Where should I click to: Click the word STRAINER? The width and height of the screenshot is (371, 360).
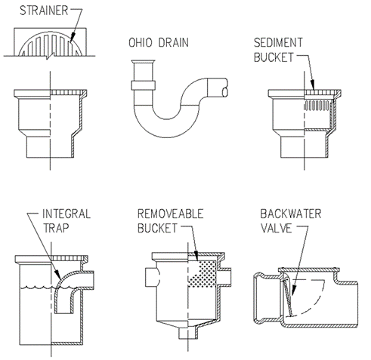tap(44, 11)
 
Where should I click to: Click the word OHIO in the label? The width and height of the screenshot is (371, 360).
tap(141, 42)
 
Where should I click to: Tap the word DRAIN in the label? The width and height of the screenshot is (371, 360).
tap(174, 42)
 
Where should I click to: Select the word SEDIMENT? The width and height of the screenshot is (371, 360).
tap(278, 42)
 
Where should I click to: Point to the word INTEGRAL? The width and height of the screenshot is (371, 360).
tap(66, 214)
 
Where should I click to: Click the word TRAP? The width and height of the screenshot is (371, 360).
tap(56, 228)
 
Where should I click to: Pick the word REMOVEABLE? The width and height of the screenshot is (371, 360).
tap(170, 214)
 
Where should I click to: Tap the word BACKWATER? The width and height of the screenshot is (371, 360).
tap(291, 214)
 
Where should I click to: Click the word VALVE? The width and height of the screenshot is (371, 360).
tap(276, 228)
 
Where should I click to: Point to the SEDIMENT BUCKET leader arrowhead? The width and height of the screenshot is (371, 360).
tap(313, 85)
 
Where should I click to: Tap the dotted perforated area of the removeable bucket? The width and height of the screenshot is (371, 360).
tap(203, 273)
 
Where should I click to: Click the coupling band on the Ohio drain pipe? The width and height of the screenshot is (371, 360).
tap(143, 85)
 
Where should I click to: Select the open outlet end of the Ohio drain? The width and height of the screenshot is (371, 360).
tap(225, 92)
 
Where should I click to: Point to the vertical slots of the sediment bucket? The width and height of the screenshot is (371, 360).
tap(317, 105)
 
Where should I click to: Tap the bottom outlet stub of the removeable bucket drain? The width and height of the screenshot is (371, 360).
tap(188, 333)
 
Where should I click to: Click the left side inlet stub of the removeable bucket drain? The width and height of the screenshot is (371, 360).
tap(153, 277)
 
